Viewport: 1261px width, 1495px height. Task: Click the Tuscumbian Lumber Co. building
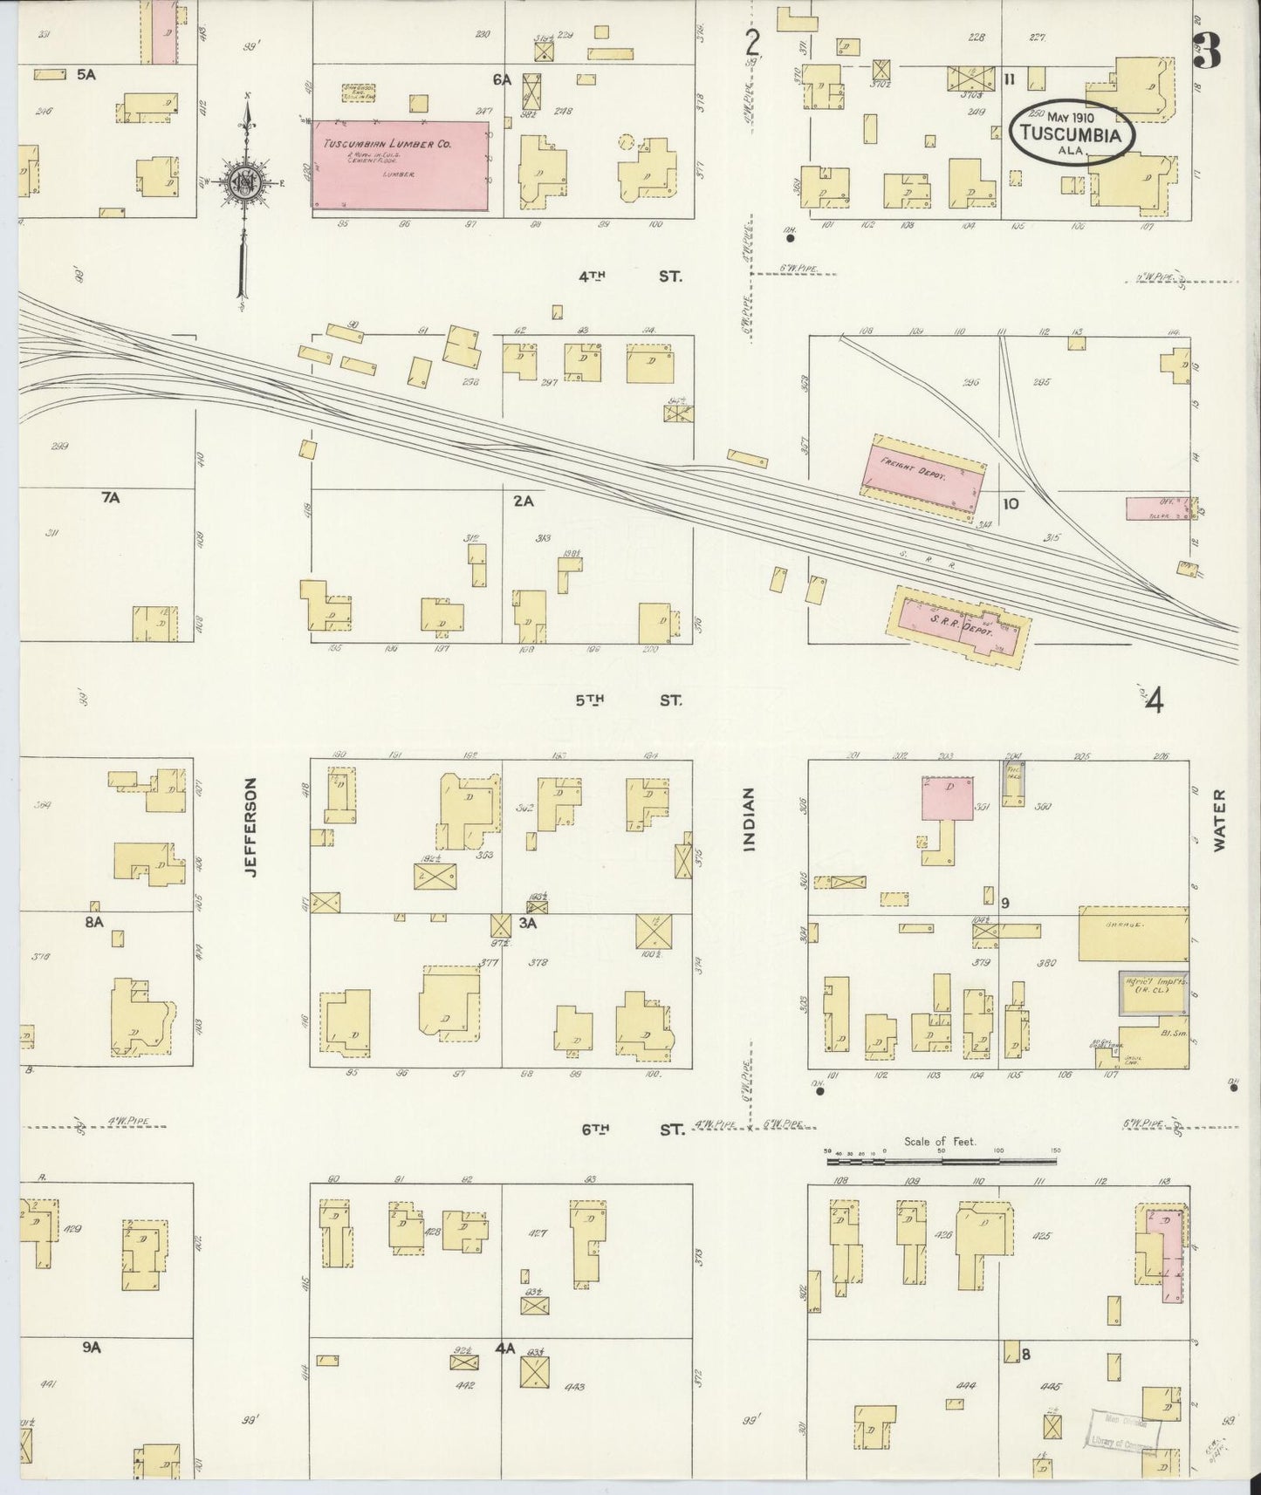click(401, 165)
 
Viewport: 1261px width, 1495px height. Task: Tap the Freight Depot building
click(925, 478)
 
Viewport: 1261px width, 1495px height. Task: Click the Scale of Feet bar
click(942, 1160)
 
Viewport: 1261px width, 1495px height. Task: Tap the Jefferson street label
click(252, 827)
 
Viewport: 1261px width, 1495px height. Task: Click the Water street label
click(1219, 820)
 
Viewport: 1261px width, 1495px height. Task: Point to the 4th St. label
click(628, 276)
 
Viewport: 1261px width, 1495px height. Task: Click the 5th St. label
click(628, 700)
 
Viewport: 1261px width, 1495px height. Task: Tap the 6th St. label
click(632, 1130)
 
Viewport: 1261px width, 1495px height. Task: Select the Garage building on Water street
click(1133, 939)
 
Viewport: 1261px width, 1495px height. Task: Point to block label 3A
click(526, 921)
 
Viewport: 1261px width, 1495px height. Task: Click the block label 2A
click(523, 501)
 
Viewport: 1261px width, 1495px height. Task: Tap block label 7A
click(110, 497)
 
